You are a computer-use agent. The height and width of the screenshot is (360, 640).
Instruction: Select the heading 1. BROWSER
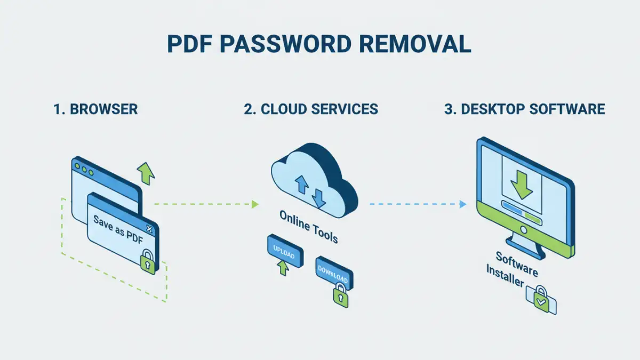click(95, 109)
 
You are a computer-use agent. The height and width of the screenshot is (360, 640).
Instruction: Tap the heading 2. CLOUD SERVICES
click(311, 109)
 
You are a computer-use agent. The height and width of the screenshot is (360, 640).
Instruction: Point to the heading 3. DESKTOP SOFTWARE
click(524, 109)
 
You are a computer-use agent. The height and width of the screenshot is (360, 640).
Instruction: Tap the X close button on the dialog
click(149, 229)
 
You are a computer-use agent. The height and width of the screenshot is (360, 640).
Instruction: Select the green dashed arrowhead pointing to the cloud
click(255, 204)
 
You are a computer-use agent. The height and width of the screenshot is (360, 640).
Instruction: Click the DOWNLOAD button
click(333, 274)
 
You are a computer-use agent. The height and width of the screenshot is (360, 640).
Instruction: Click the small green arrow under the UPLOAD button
click(283, 268)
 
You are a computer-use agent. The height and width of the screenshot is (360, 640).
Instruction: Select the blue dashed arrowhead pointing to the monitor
click(463, 204)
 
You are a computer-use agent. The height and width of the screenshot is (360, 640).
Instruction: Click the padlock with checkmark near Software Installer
click(541, 299)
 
